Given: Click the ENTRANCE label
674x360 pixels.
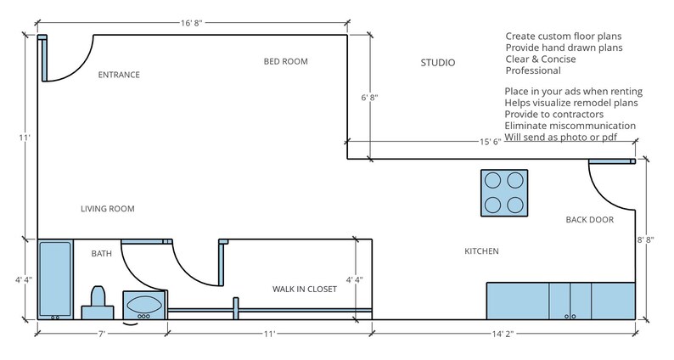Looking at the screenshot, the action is [x=119, y=75].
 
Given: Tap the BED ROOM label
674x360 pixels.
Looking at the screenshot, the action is [x=285, y=61].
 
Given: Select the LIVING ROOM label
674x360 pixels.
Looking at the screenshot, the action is [x=108, y=209].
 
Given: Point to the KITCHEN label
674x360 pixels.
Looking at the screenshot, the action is [x=481, y=251].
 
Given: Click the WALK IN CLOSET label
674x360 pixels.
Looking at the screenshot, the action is [x=304, y=290].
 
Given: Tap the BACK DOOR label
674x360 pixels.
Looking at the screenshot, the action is [x=589, y=220].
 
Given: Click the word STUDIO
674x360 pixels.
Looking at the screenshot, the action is [x=438, y=63].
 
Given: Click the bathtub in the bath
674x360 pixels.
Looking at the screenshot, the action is [x=55, y=279].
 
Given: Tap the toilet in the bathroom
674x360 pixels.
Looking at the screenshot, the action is [x=96, y=301].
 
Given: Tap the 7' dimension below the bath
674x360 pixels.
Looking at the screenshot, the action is [x=101, y=335].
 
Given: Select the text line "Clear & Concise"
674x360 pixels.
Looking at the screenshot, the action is [x=544, y=59].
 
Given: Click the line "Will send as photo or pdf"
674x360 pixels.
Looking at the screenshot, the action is [x=560, y=137].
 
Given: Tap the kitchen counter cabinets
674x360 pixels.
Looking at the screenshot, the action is [x=560, y=301].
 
